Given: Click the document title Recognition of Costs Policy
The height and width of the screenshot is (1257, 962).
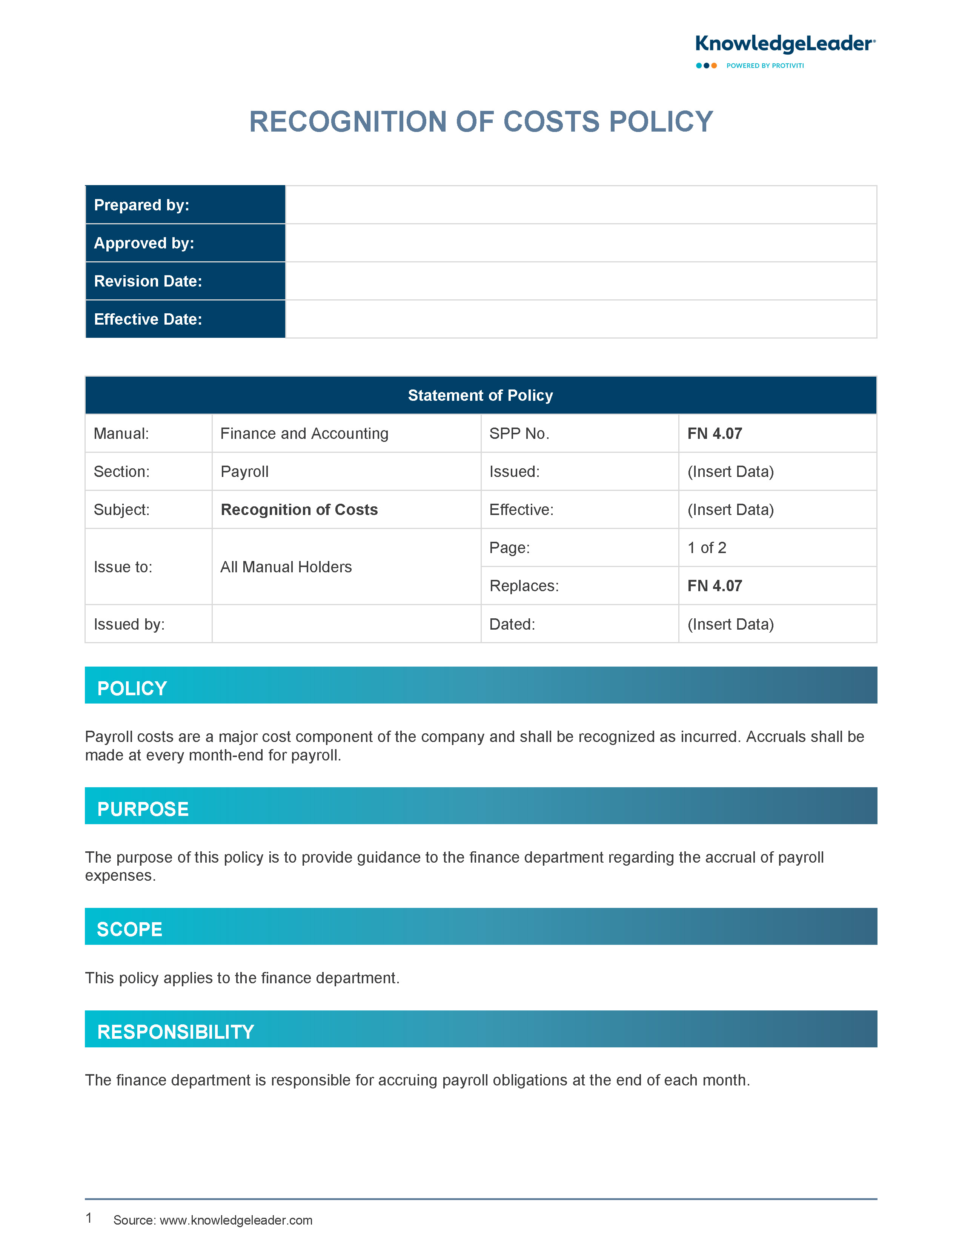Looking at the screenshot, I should (x=481, y=122).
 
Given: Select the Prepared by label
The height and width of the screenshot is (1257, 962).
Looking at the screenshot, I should (x=141, y=205).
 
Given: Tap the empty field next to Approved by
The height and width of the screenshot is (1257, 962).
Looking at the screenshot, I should (x=581, y=243).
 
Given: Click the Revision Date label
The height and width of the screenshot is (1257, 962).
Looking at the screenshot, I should (x=148, y=281).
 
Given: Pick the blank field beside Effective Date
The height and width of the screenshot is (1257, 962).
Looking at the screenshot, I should (x=581, y=319).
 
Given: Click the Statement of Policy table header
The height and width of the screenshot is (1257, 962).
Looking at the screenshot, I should (x=480, y=395).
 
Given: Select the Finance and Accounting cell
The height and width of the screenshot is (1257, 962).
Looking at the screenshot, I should (x=304, y=434).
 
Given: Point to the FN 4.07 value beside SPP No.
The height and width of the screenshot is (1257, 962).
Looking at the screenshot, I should (x=715, y=434).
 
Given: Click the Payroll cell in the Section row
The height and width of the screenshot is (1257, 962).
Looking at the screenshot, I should (x=244, y=471).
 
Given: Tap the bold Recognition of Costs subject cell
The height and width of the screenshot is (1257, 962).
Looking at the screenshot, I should (x=299, y=510).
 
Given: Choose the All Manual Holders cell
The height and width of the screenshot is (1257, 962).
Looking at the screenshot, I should (x=286, y=567).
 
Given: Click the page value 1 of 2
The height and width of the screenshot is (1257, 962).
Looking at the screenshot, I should (x=707, y=547).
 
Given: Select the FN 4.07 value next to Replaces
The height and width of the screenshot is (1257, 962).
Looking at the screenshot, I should (x=715, y=586).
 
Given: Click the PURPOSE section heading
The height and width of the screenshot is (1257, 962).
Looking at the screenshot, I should (x=143, y=809).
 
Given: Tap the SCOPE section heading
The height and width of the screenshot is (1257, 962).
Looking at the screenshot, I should (x=130, y=929).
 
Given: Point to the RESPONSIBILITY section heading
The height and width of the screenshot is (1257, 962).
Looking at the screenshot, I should (x=176, y=1032).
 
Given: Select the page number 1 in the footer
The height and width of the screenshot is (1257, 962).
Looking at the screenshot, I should (x=89, y=1218).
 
